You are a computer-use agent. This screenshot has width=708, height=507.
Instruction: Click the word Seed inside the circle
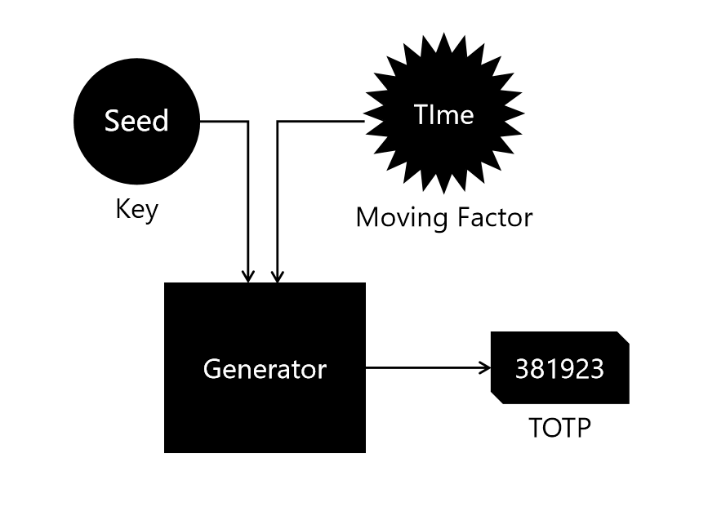pyautogui.click(x=136, y=121)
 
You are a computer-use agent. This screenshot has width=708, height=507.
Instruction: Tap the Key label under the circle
pyautogui.click(x=136, y=209)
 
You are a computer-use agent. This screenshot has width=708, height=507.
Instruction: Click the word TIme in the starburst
pyautogui.click(x=443, y=114)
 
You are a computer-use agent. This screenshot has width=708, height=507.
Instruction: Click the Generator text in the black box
pyautogui.click(x=265, y=369)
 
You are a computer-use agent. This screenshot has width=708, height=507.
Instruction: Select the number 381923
pyautogui.click(x=559, y=368)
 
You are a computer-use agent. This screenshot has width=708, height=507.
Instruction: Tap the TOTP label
pyautogui.click(x=559, y=428)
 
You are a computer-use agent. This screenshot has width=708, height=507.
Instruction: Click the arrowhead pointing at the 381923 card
pyautogui.click(x=484, y=368)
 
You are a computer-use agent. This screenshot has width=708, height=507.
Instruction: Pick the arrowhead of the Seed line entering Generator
pyautogui.click(x=248, y=277)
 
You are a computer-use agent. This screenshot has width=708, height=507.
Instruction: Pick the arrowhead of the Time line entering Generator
pyautogui.click(x=278, y=277)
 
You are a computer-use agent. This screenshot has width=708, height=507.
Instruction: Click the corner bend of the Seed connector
pyautogui.click(x=248, y=122)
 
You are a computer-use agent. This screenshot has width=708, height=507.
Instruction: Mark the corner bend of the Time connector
pyautogui.click(x=278, y=122)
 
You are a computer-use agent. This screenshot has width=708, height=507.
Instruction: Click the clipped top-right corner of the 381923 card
pyautogui.click(x=623, y=336)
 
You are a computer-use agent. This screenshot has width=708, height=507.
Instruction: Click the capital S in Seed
pyautogui.click(x=112, y=121)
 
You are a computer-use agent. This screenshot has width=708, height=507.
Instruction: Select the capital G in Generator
pyautogui.click(x=212, y=369)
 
